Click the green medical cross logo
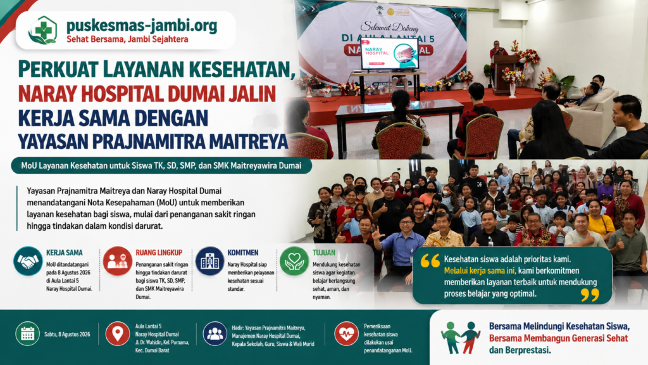pos(43,30)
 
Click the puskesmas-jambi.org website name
pos(142,25)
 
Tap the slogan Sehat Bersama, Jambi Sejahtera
pos(127,39)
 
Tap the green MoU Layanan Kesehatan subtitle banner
pos(161,165)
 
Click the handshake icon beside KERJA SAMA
pos(28,261)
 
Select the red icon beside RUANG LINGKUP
pos(117,261)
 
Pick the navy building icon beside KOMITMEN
pos(210,261)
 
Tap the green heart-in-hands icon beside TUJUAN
pos(294,261)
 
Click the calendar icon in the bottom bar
pos(27,333)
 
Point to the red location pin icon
pos(117,333)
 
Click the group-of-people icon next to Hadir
pos(215,333)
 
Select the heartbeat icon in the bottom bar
pos(346,333)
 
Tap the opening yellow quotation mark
pos(430,260)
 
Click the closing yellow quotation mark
pos(590,295)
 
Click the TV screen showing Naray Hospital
pos(390,54)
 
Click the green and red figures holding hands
pos(461,337)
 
